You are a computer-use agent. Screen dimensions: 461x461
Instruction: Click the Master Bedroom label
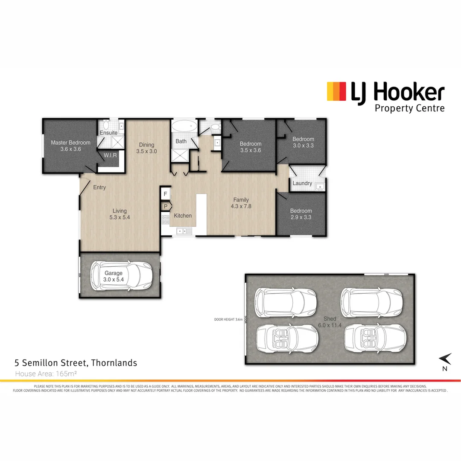pyautogui.click(x=70, y=143)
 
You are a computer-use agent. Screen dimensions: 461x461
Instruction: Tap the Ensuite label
pyautogui.click(x=109, y=133)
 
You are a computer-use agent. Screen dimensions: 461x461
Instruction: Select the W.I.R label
pyautogui.click(x=110, y=155)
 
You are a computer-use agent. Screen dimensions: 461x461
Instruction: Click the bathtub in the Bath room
pyautogui.click(x=184, y=126)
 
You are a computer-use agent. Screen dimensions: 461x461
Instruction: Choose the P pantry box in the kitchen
pyautogui.click(x=165, y=207)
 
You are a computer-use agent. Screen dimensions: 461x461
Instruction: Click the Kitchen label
pyautogui.click(x=183, y=216)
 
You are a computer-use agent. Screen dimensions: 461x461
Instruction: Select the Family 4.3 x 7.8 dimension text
pyautogui.click(x=241, y=206)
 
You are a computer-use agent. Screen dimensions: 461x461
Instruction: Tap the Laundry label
pyautogui.click(x=302, y=184)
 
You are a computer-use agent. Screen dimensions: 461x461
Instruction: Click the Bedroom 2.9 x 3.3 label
pyautogui.click(x=301, y=214)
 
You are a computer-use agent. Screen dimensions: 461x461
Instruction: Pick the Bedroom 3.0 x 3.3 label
pyautogui.click(x=303, y=142)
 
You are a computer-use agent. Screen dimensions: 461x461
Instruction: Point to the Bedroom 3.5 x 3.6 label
pyautogui.click(x=250, y=147)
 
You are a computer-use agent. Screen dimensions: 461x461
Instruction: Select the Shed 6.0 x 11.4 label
pyautogui.click(x=330, y=322)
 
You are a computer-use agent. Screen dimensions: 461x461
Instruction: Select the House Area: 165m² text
pyautogui.click(x=46, y=374)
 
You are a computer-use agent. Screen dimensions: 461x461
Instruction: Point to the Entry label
pyautogui.click(x=99, y=187)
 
